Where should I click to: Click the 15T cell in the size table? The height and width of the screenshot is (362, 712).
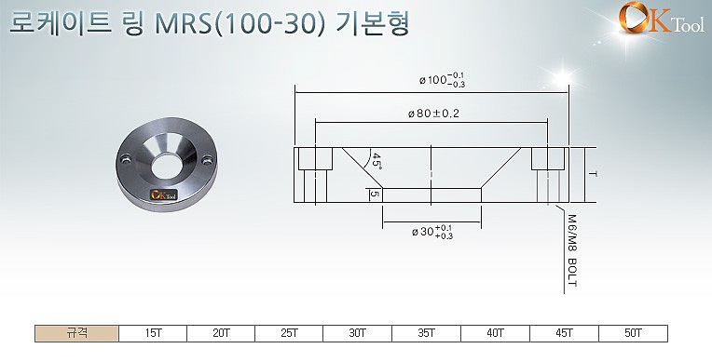click(x=153, y=332)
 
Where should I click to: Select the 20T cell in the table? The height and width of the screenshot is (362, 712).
click(x=221, y=332)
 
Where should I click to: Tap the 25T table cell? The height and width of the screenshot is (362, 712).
click(x=289, y=332)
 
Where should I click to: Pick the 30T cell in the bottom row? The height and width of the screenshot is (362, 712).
click(x=357, y=332)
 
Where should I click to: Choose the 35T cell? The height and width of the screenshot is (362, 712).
click(x=426, y=332)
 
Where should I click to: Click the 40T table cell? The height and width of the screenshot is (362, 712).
click(x=494, y=332)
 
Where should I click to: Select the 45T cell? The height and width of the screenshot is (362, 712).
click(x=563, y=332)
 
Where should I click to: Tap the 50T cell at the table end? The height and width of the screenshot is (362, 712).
click(x=632, y=332)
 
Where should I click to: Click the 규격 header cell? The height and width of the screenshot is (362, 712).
click(x=77, y=332)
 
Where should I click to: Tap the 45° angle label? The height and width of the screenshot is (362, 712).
click(x=377, y=159)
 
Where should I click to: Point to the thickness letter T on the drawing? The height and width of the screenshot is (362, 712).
click(x=592, y=175)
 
